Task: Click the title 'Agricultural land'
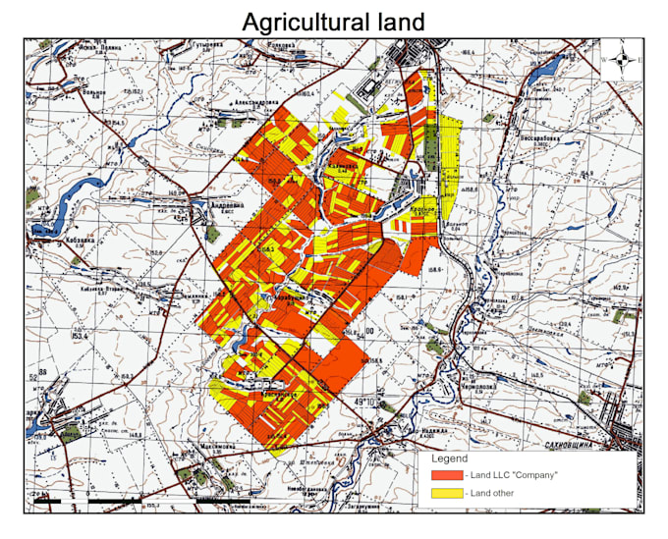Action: (333, 21)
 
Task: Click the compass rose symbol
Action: (622, 61)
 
